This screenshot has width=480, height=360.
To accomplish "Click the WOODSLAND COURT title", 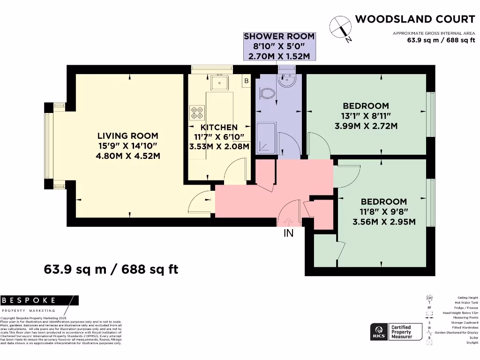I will pos(415,19).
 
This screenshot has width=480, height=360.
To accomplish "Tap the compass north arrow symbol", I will pos(341,28).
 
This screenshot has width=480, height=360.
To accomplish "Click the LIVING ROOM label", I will pos(127,136).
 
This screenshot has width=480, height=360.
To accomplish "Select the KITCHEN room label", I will pos(219,127).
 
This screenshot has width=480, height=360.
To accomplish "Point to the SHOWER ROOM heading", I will pos(279,37).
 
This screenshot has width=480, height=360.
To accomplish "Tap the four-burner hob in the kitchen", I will pos(197,113).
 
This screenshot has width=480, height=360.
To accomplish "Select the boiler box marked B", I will pos(246,81).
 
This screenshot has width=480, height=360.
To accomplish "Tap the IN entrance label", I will pos(288,232).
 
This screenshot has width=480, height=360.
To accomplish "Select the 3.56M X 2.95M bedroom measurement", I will pos(384,222).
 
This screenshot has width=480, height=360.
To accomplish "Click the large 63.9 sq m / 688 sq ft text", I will pos(111,270).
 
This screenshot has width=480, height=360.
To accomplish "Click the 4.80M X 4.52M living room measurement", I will pos(127,156).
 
